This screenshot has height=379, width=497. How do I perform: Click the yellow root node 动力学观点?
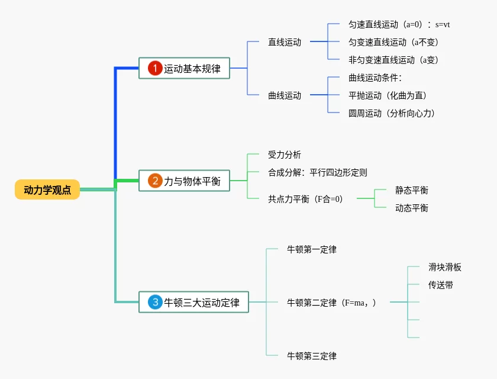pos(47,189)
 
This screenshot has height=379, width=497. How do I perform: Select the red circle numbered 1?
pos(155,69)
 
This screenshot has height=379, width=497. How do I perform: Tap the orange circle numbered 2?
pos(155,181)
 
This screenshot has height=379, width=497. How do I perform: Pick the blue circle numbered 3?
pos(155,302)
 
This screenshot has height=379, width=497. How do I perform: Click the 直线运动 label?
pos(285,42)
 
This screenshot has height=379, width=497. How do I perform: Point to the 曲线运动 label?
pos(285,95)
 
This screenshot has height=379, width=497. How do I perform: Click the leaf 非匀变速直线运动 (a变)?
pos(393,60)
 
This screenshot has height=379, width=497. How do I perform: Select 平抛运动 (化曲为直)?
pos(388,95)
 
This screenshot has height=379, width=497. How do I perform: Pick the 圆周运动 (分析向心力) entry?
pos(392,113)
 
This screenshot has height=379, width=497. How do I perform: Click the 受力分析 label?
pos(285,155)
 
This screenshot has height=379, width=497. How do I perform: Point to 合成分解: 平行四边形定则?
pos(318,172)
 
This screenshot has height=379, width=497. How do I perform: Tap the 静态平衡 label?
pos(412,190)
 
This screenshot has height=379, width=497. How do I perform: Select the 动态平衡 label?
pos(412,208)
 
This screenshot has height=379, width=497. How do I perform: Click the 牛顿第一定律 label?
pos(312,249)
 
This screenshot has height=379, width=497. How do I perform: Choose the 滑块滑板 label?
pos(445,267)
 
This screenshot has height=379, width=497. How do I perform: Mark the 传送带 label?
pos(441,285)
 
